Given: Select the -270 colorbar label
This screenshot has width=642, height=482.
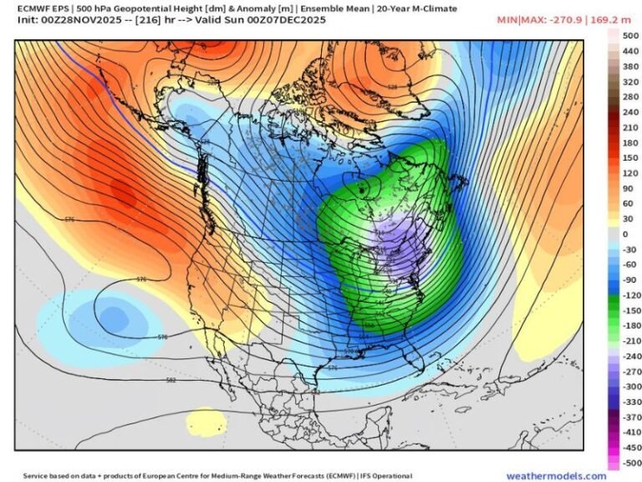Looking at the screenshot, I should (x=629, y=371).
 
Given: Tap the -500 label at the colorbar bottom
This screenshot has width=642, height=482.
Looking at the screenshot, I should (x=629, y=462).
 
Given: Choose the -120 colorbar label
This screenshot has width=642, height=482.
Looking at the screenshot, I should (x=629, y=295).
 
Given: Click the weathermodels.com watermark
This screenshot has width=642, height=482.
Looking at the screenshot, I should (x=556, y=475).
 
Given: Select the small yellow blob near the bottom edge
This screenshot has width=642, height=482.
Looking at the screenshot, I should (x=206, y=420).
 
